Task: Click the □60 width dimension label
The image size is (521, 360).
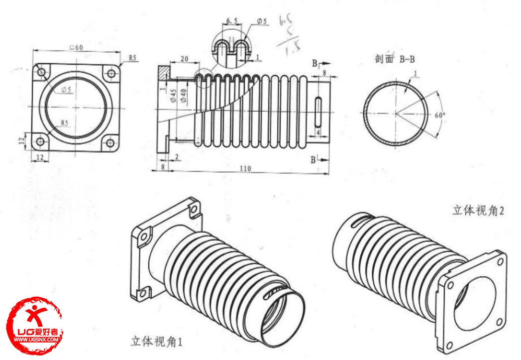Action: click(x=77, y=47)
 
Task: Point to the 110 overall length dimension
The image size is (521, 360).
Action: click(x=244, y=169)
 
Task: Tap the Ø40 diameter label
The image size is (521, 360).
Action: click(x=184, y=95)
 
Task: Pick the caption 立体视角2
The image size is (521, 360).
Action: click(x=478, y=211)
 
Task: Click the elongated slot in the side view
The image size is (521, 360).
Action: click(x=317, y=113)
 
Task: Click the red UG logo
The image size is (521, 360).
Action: click(x=37, y=326)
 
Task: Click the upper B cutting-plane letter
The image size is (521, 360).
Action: click(x=314, y=63)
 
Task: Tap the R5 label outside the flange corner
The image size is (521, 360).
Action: click(x=132, y=58)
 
